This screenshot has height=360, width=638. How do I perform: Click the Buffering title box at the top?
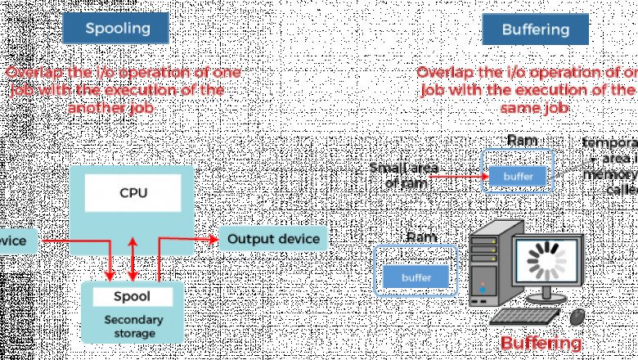pyautogui.click(x=536, y=30)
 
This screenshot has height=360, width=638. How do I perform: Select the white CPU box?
pyautogui.click(x=133, y=194)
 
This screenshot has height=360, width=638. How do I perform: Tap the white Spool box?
pyautogui.click(x=133, y=297)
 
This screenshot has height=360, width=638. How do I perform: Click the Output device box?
pyautogui.click(x=273, y=239)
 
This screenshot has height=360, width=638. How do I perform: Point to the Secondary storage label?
pyautogui.click(x=133, y=326)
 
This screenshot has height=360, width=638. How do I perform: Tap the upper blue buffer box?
pyautogui.click(x=518, y=175)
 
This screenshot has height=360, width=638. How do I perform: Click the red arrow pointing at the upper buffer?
pyautogui.click(x=461, y=174)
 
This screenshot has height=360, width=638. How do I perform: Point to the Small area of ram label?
pyautogui.click(x=404, y=175)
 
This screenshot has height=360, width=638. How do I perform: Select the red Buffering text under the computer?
pyautogui.click(x=541, y=343)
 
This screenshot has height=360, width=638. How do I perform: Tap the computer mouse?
pyautogui.click(x=578, y=315)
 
